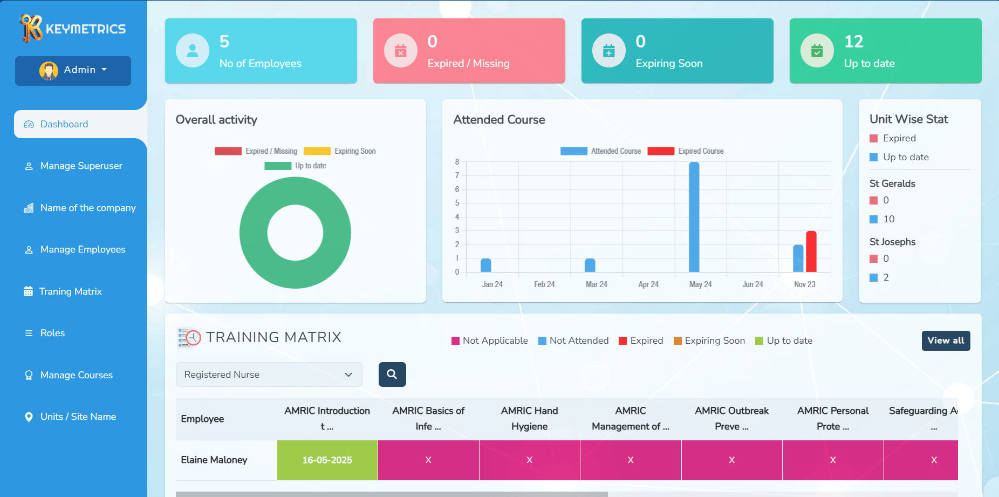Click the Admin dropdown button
[73, 70]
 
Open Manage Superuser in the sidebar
[81, 166]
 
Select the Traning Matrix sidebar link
[70, 291]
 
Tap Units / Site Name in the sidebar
[78, 417]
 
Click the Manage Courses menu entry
[76, 375]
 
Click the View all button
[946, 341]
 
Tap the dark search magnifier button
[392, 375]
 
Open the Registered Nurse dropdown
[269, 375]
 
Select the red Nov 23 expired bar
[811, 251]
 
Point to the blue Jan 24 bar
[486, 265]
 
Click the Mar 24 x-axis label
[596, 284]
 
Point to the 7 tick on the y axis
[457, 175]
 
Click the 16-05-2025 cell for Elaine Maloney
[327, 460]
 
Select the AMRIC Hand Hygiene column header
[529, 418]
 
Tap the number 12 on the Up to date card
[853, 42]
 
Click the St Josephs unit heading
[892, 242]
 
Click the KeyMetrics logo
[73, 28]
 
